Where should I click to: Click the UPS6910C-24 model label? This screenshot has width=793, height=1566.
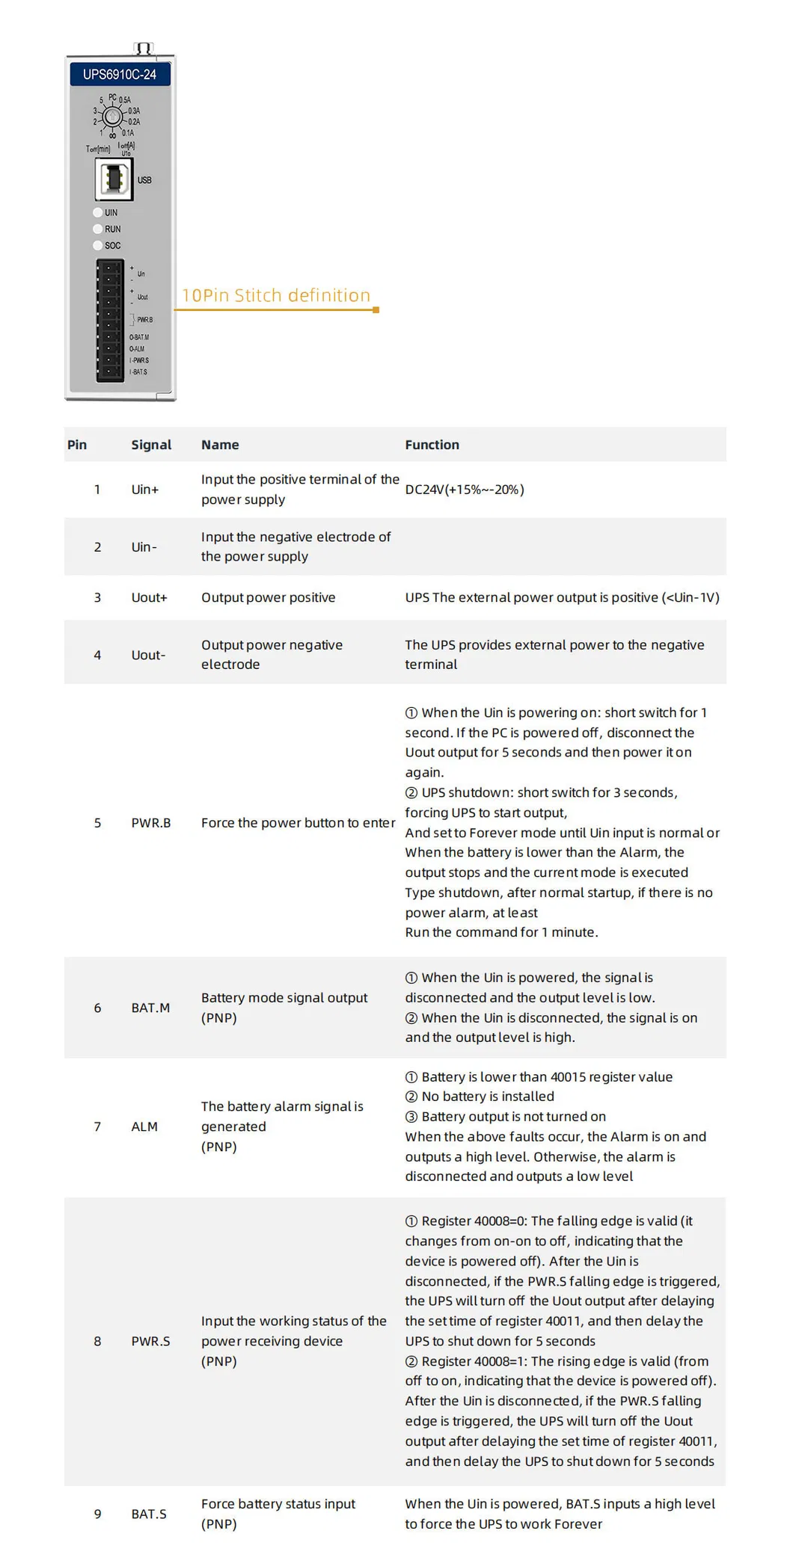point(120,74)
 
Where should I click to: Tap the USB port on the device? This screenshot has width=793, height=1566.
point(114,179)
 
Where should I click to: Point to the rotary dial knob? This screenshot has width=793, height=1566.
point(112,117)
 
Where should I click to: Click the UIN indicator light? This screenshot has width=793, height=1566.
point(97,212)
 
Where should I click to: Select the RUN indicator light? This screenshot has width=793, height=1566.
point(97,229)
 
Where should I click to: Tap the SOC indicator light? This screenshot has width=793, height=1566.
point(97,245)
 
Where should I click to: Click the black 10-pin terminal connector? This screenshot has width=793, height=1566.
point(109,320)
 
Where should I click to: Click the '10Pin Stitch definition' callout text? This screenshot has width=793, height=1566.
point(276,295)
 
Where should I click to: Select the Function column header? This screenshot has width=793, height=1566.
point(432,445)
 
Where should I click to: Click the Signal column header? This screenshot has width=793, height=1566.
point(151,445)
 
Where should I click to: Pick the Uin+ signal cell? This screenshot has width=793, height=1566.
point(145,490)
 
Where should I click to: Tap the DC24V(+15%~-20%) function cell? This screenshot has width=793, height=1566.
point(465,490)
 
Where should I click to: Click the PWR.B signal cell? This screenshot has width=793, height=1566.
point(151,823)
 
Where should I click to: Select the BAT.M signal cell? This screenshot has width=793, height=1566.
point(150,1008)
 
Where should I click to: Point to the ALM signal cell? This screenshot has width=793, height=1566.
point(144,1126)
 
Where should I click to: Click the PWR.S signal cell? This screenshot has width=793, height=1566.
point(150,1341)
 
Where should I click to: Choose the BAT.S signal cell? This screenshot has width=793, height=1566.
point(149,1514)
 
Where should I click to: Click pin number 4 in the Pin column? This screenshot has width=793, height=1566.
point(97,655)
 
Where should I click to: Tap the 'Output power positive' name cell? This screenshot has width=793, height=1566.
point(268,597)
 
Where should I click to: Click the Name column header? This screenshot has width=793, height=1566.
point(220,445)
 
